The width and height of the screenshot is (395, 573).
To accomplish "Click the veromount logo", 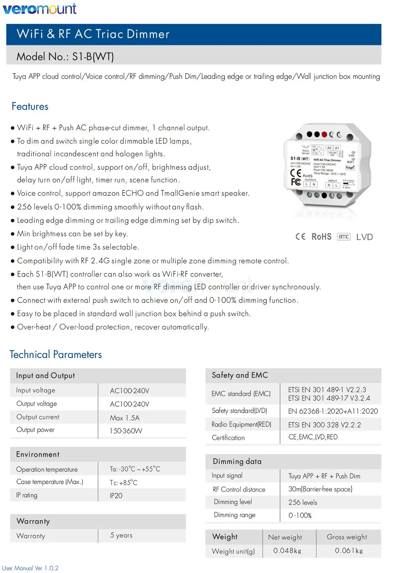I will (39, 8).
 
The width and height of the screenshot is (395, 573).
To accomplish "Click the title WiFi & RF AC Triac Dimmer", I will (93, 34).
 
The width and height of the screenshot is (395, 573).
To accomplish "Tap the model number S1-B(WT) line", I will (65, 57).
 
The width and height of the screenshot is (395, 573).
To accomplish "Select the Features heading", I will (30, 107).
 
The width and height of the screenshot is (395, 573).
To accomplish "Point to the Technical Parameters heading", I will (56, 355).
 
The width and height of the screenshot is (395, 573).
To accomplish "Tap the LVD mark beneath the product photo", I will (364, 237).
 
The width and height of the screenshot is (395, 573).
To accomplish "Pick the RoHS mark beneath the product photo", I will (321, 237).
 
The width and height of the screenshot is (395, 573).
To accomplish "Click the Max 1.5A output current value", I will (124, 418).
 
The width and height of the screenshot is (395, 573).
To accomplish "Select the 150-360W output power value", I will (126, 431).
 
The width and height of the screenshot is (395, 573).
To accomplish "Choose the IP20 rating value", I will (116, 496).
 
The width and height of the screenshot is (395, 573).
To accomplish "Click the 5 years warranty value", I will (121, 535).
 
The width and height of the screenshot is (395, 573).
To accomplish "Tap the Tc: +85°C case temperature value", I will (124, 483).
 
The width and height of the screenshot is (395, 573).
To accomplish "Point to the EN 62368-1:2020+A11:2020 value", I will (333, 411).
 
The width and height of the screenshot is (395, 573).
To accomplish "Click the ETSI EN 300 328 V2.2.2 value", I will (324, 425).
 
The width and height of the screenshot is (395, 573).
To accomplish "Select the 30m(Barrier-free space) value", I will (320, 489).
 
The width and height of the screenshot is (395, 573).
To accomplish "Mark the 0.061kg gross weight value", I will (349, 550).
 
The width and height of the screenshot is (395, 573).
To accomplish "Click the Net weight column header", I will (285, 537).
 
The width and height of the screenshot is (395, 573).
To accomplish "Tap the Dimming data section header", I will (237, 461).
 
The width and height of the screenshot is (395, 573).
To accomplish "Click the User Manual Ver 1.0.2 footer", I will (30, 568).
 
